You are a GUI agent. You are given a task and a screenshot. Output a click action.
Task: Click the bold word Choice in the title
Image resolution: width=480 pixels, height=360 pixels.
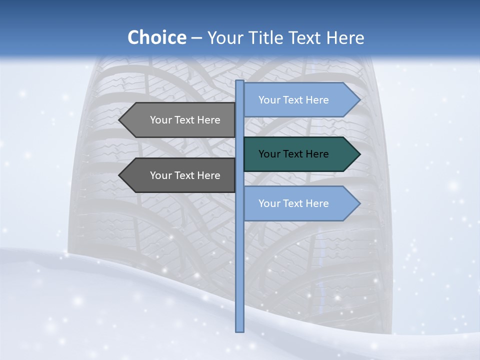[156, 37]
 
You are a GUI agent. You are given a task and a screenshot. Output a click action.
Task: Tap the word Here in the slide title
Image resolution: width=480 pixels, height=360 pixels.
[344, 37]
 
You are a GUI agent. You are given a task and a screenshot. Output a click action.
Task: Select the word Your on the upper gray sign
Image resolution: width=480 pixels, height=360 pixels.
[160, 120]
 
